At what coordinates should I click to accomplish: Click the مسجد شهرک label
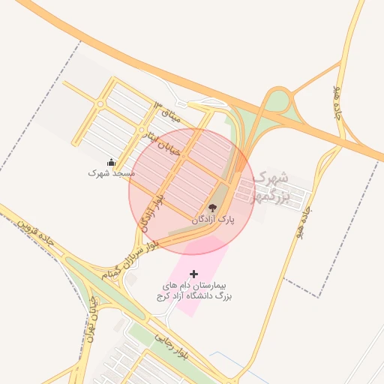click(x=111, y=172)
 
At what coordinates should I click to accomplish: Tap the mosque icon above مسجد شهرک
click(x=111, y=162)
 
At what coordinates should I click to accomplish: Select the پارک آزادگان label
click(x=213, y=220)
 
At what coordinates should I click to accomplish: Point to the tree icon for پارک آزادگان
click(x=212, y=208)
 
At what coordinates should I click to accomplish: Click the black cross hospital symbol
click(x=194, y=274)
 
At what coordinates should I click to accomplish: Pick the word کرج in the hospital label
click(x=163, y=297)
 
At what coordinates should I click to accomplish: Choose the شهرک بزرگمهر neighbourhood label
click(x=271, y=187)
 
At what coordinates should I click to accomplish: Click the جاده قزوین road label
click(x=38, y=233)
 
